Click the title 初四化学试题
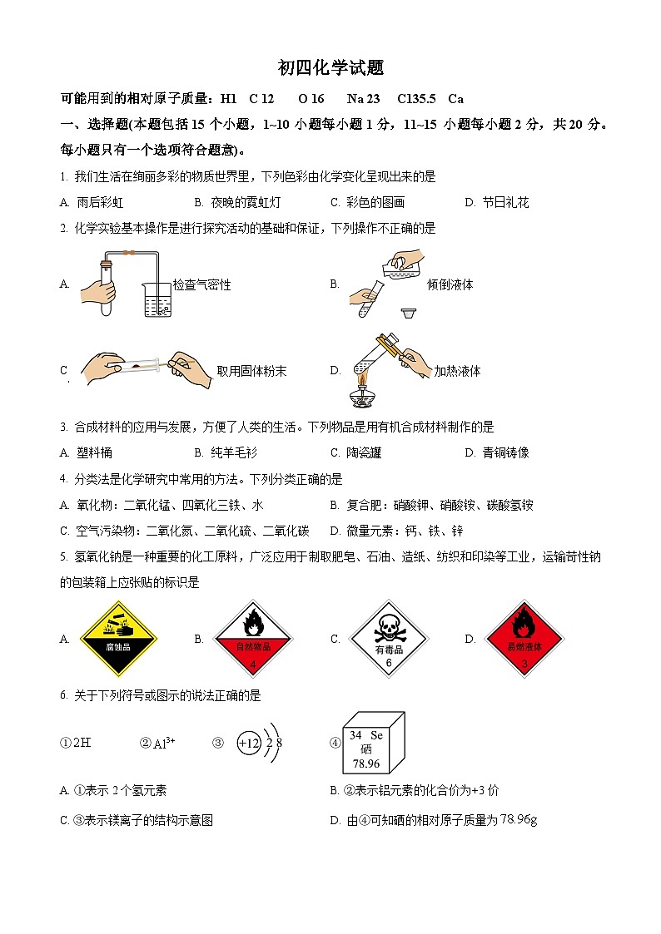click(330, 69)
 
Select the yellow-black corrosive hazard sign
click(117, 638)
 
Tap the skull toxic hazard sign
click(388, 638)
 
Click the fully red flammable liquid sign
click(524, 638)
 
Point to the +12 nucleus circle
click(249, 744)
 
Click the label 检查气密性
click(201, 285)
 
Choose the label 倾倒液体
click(450, 284)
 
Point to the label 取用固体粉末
click(251, 371)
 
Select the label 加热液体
click(457, 371)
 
